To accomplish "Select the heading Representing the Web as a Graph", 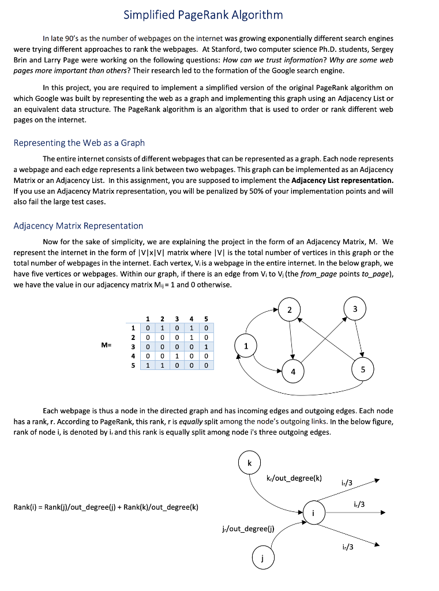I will click(x=79, y=143).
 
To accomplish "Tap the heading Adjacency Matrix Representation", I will click(x=78, y=226).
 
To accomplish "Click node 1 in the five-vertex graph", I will click(x=246, y=346).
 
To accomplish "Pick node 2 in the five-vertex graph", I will click(x=289, y=309).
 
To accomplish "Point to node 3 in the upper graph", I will click(x=355, y=309).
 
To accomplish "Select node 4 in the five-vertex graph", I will click(x=293, y=372).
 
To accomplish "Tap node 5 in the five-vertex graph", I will click(x=363, y=369).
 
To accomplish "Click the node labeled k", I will click(x=249, y=463).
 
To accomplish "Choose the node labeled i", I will click(x=313, y=513).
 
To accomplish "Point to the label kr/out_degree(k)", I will click(x=294, y=478).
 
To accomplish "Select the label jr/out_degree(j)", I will click(x=248, y=528).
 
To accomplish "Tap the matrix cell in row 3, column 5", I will click(x=206, y=346).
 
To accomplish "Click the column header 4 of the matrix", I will click(x=192, y=318).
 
